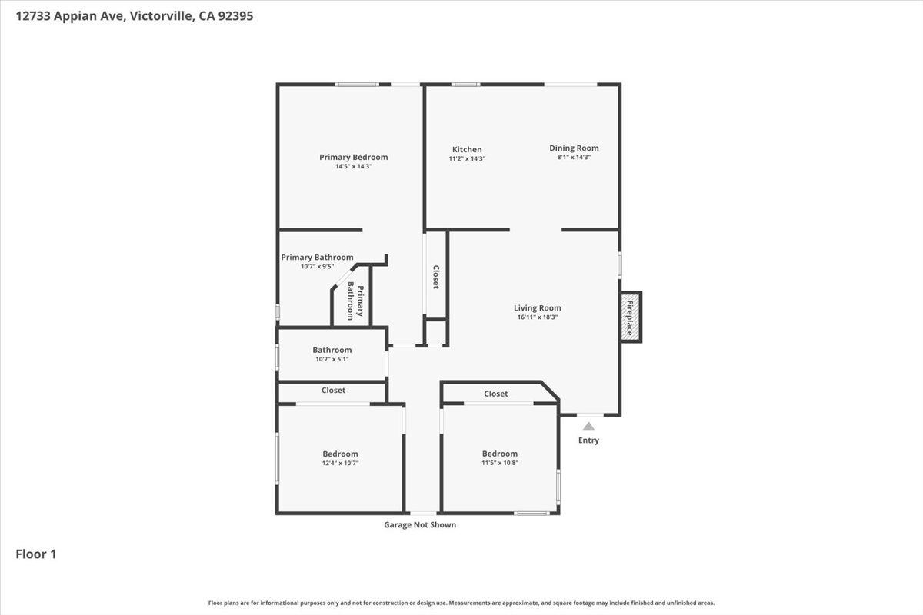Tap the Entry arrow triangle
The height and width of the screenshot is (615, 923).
coord(588,426)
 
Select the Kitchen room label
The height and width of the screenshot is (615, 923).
coord(467,149)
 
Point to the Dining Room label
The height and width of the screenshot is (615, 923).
coord(574,148)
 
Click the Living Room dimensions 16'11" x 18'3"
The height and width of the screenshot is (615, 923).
coord(538,317)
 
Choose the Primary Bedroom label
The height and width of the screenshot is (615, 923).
coord(353,157)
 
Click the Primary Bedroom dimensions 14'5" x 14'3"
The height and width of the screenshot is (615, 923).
coord(353,166)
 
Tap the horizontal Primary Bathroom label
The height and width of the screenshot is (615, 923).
coord(317,258)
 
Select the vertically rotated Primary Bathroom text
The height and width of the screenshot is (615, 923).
coord(355,301)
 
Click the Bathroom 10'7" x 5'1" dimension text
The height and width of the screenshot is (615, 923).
coord(332,359)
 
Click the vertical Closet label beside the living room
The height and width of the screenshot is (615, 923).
coord(435,277)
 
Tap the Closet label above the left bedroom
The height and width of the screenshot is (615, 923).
coord(333,391)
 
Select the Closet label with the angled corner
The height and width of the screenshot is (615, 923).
coord(495,394)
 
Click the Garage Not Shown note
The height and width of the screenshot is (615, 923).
coord(420,525)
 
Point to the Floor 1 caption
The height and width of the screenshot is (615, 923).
coord(36,553)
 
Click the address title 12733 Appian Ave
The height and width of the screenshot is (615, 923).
coord(135,15)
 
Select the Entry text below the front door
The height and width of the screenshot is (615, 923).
coord(588,440)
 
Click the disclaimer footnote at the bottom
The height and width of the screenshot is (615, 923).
coord(461,603)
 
